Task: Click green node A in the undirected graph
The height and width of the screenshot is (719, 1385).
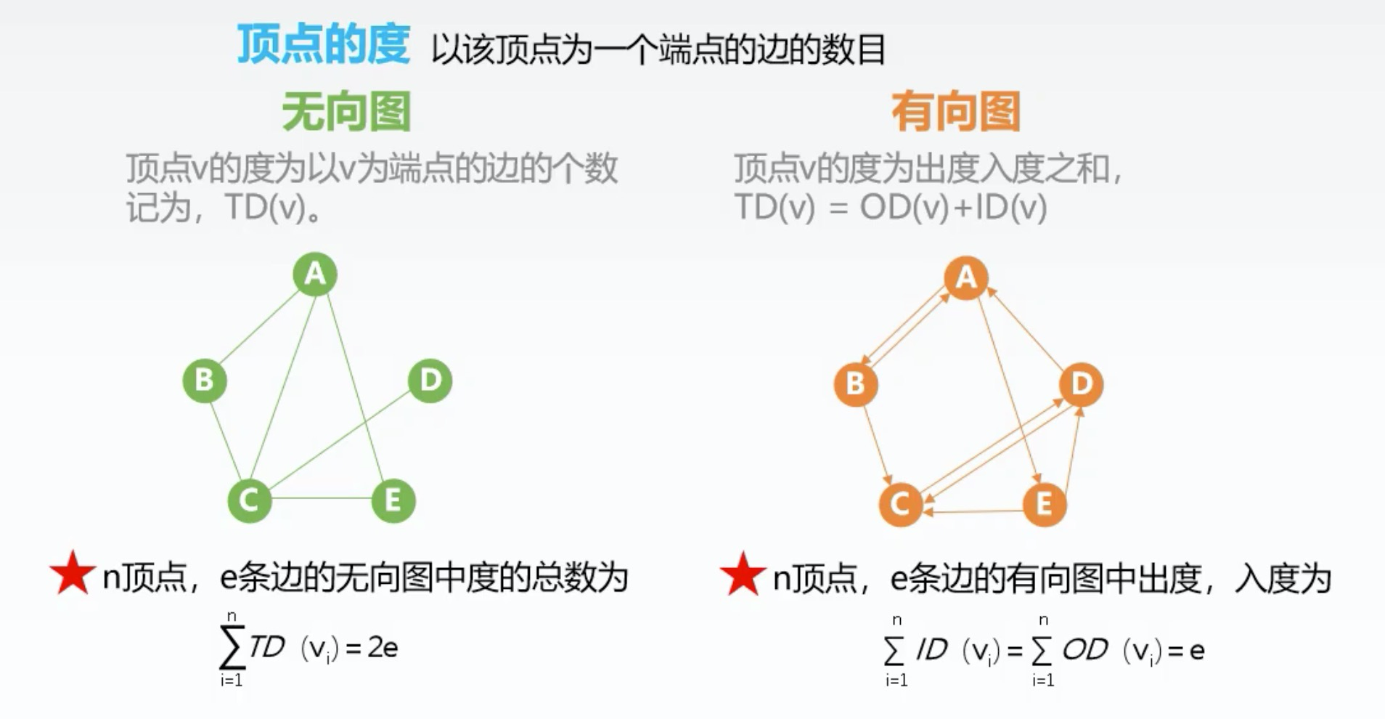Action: pyautogui.click(x=315, y=274)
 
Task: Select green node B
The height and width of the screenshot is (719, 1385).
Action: pyautogui.click(x=204, y=380)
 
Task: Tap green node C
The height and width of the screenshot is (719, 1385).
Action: pyautogui.click(x=249, y=500)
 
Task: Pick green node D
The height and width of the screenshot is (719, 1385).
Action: pyautogui.click(x=430, y=380)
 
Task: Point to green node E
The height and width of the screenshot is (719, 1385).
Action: pyautogui.click(x=393, y=500)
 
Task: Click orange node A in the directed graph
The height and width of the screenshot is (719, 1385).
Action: pyautogui.click(x=965, y=277)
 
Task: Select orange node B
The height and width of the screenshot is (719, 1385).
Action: pyautogui.click(x=855, y=383)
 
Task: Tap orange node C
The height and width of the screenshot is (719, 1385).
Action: pyautogui.click(x=900, y=503)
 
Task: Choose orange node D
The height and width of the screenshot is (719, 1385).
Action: pyautogui.click(x=1081, y=383)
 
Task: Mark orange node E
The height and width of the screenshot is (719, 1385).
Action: pyautogui.click(x=1044, y=503)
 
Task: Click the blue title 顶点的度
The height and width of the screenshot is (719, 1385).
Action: pyautogui.click(x=323, y=45)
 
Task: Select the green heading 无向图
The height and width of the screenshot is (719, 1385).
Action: pyautogui.click(x=346, y=112)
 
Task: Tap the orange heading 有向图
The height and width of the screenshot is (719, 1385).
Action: pyautogui.click(x=956, y=112)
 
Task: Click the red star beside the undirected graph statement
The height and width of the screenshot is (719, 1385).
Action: pyautogui.click(x=73, y=574)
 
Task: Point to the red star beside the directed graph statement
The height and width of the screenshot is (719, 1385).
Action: pyautogui.click(x=743, y=574)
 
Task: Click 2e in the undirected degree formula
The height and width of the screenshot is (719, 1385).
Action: pyautogui.click(x=383, y=647)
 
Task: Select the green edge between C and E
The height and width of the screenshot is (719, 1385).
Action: pyautogui.click(x=321, y=498)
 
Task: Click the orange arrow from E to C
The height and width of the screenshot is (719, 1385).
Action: pyautogui.click(x=973, y=512)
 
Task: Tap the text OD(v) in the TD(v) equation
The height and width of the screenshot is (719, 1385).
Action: pyautogui.click(x=904, y=208)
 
